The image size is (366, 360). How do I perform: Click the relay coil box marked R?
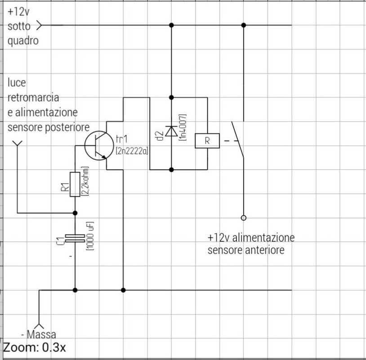(207, 141)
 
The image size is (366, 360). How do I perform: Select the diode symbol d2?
(171, 131)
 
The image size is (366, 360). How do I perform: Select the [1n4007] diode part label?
(183, 128)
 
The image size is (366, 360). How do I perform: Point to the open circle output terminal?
(244, 218)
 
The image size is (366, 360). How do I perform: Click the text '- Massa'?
(39, 335)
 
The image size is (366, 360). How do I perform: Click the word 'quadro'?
(23, 40)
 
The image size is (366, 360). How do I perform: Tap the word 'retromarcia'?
(34, 97)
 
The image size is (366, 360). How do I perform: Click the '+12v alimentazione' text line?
(251, 237)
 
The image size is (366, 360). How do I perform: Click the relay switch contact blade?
(237, 139)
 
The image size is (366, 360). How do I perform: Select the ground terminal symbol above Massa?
(40, 325)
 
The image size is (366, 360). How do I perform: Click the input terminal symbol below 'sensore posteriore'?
(17, 144)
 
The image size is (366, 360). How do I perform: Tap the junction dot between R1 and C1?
(75, 212)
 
